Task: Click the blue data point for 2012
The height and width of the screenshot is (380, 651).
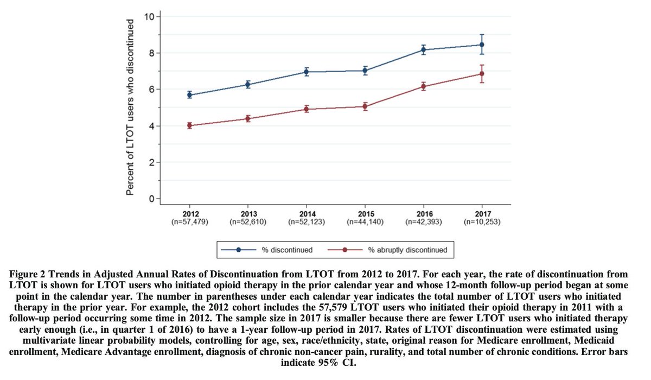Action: (x=190, y=94)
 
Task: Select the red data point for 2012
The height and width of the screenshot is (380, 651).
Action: (x=190, y=125)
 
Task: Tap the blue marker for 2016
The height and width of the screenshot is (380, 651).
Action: (x=424, y=49)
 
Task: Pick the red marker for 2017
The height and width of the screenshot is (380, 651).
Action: (x=482, y=74)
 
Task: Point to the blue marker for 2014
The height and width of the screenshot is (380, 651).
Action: (x=307, y=72)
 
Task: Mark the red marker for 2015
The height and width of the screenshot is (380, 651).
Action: (x=365, y=106)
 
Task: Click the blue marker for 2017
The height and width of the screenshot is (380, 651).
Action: (x=482, y=45)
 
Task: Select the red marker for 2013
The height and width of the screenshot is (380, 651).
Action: (x=248, y=118)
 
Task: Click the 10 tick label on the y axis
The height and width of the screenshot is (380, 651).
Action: (x=149, y=16)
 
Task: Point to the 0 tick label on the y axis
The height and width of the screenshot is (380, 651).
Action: (x=151, y=199)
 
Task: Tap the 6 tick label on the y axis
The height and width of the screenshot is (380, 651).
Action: (x=151, y=89)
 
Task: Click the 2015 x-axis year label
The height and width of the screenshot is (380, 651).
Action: (x=365, y=213)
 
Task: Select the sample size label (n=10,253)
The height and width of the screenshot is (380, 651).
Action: (x=482, y=221)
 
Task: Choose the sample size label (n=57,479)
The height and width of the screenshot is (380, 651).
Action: (x=190, y=221)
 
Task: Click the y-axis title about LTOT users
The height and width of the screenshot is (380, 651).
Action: (x=131, y=107)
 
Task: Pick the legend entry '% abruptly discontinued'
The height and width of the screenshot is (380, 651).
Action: (x=407, y=250)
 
